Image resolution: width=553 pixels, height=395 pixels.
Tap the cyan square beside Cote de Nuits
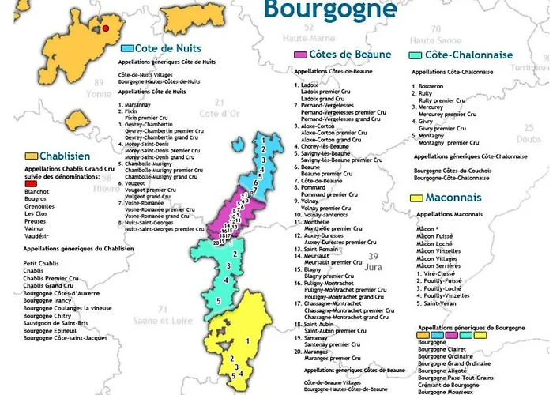[127, 48]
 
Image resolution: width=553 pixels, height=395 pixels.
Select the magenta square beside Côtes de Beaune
[300, 55]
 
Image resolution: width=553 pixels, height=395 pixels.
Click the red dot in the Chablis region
[104, 28]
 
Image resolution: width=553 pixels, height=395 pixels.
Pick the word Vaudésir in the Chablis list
[38, 235]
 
